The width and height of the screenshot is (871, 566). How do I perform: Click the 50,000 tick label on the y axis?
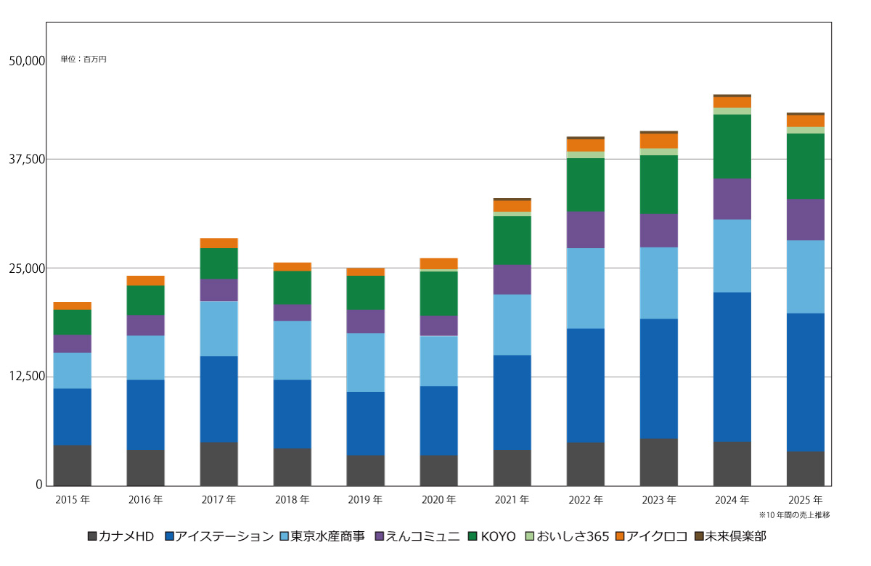[x=27, y=61]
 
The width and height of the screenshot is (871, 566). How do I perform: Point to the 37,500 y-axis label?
[x=27, y=160]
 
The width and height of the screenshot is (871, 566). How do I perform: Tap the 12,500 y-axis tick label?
[x=27, y=377]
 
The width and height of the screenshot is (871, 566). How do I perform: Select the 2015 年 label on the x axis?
[x=73, y=500]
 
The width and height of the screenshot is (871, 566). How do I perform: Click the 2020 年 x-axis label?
[x=438, y=500]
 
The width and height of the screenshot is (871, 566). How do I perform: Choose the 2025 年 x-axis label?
[x=805, y=500]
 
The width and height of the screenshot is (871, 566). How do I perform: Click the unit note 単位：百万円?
[x=83, y=59]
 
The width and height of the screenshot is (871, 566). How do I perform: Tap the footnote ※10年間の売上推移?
[x=794, y=514]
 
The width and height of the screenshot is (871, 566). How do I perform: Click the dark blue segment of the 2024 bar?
[x=732, y=366]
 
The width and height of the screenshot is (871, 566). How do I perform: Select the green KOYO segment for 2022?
[x=585, y=184]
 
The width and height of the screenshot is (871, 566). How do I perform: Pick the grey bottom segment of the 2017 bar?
[x=218, y=464]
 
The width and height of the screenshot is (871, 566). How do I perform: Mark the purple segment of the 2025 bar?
[x=805, y=219]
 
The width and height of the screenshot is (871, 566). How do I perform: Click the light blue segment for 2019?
[x=365, y=362]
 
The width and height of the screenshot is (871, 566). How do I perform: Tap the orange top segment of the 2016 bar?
[x=145, y=281]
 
